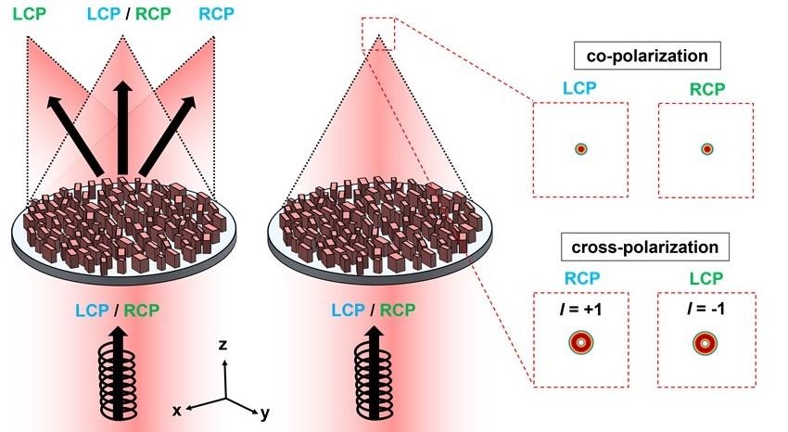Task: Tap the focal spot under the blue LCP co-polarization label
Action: click(581, 148)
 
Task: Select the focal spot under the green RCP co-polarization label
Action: click(706, 148)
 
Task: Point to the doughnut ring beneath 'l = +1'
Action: click(581, 344)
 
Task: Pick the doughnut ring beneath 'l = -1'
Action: click(705, 344)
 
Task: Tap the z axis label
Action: click(222, 345)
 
